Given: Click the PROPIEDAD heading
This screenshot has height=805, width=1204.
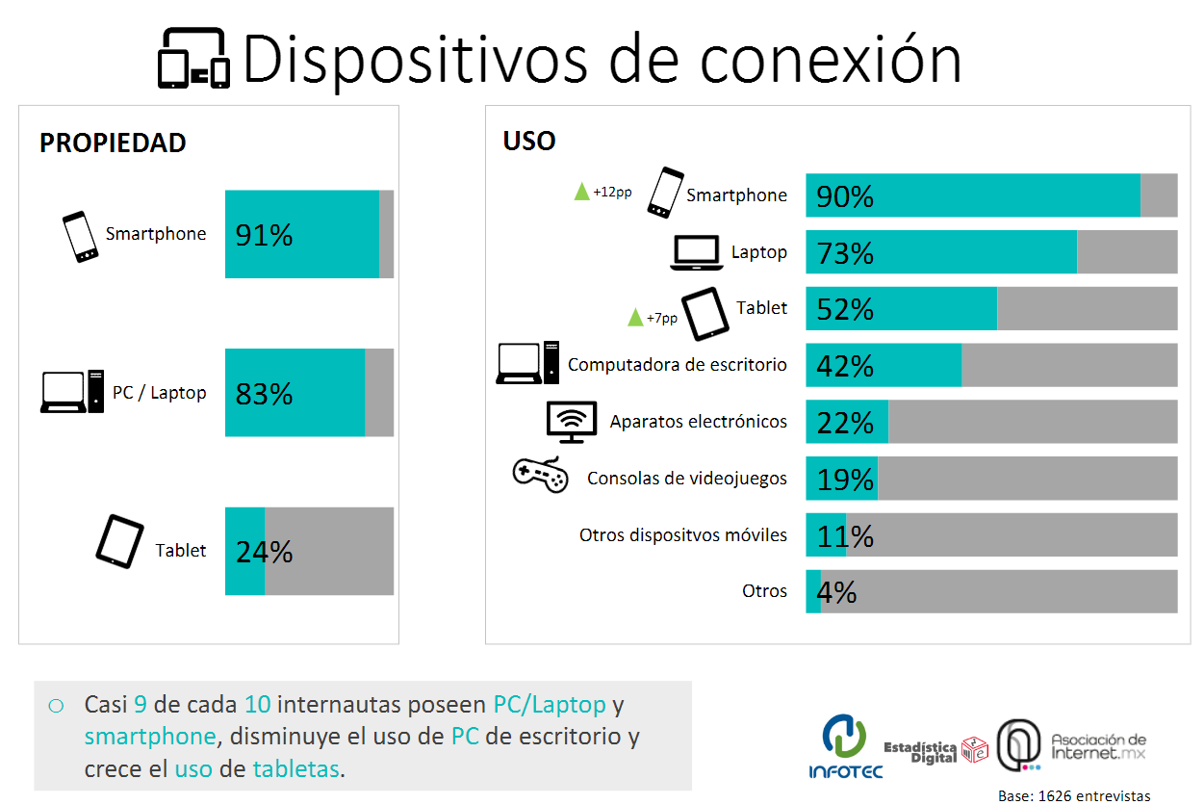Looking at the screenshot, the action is click(x=113, y=143).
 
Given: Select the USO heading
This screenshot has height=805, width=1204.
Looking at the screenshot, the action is click(x=529, y=141).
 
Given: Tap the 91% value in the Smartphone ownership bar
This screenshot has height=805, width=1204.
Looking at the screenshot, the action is click(x=264, y=235).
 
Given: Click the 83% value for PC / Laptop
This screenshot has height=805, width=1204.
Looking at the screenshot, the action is click(x=264, y=394).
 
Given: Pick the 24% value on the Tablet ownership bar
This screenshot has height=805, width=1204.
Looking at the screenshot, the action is click(x=264, y=552).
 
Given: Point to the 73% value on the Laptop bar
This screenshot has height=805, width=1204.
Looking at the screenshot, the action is click(x=845, y=252).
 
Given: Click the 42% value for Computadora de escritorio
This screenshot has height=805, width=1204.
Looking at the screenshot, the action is click(x=845, y=366).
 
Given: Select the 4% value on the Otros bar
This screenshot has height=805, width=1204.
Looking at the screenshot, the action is click(x=836, y=592).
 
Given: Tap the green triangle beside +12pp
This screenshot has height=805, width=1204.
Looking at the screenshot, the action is click(x=581, y=192).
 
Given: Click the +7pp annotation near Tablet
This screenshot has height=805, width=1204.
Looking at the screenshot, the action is click(x=661, y=318).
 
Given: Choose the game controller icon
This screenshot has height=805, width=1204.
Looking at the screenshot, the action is click(x=541, y=475).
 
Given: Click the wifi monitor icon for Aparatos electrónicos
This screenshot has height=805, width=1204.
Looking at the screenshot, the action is click(x=572, y=422).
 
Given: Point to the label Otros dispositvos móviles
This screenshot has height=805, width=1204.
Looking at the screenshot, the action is click(x=682, y=535).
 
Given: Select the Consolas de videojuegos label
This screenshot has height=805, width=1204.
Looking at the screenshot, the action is click(x=686, y=478).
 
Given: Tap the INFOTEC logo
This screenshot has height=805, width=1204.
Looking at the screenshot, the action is click(x=845, y=746).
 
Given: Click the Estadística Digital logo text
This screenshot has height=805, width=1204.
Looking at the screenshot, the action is click(x=920, y=752).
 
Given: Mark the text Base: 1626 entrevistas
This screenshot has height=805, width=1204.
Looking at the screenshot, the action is click(x=1074, y=795).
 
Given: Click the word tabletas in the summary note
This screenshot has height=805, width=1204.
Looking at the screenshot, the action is click(x=295, y=768).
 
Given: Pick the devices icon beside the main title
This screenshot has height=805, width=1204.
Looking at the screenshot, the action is click(x=194, y=58).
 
